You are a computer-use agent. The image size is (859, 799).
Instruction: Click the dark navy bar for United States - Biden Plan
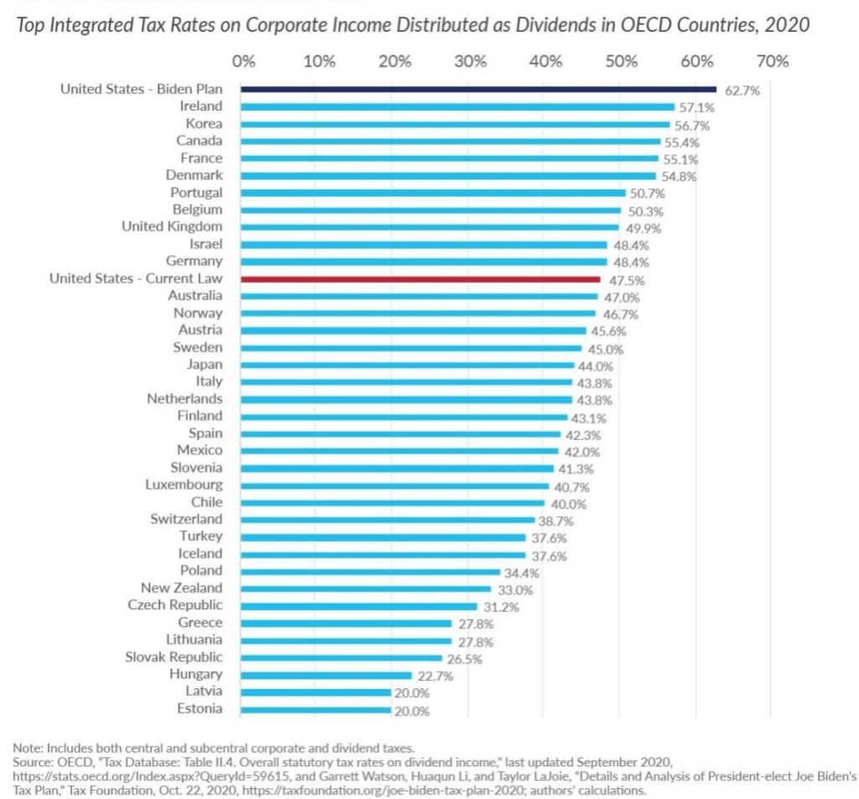(x=478, y=89)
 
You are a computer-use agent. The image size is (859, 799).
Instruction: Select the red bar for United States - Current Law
(x=420, y=279)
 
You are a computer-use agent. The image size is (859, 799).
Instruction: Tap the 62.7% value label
(x=742, y=91)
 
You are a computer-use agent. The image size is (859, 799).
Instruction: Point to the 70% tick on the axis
(x=772, y=60)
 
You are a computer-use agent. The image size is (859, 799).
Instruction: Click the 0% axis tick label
(x=243, y=60)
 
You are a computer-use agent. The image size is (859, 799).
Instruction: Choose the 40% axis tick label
(x=545, y=60)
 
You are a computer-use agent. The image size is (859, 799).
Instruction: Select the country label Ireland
(x=201, y=106)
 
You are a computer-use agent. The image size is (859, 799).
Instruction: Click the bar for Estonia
(x=316, y=709)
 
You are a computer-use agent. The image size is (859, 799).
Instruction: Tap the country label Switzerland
(x=186, y=519)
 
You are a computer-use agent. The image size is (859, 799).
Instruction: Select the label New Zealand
(x=181, y=587)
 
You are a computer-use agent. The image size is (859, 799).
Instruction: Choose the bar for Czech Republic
(x=359, y=606)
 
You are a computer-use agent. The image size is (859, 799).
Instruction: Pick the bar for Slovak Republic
(x=341, y=657)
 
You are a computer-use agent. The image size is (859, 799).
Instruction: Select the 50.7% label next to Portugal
(x=647, y=193)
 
